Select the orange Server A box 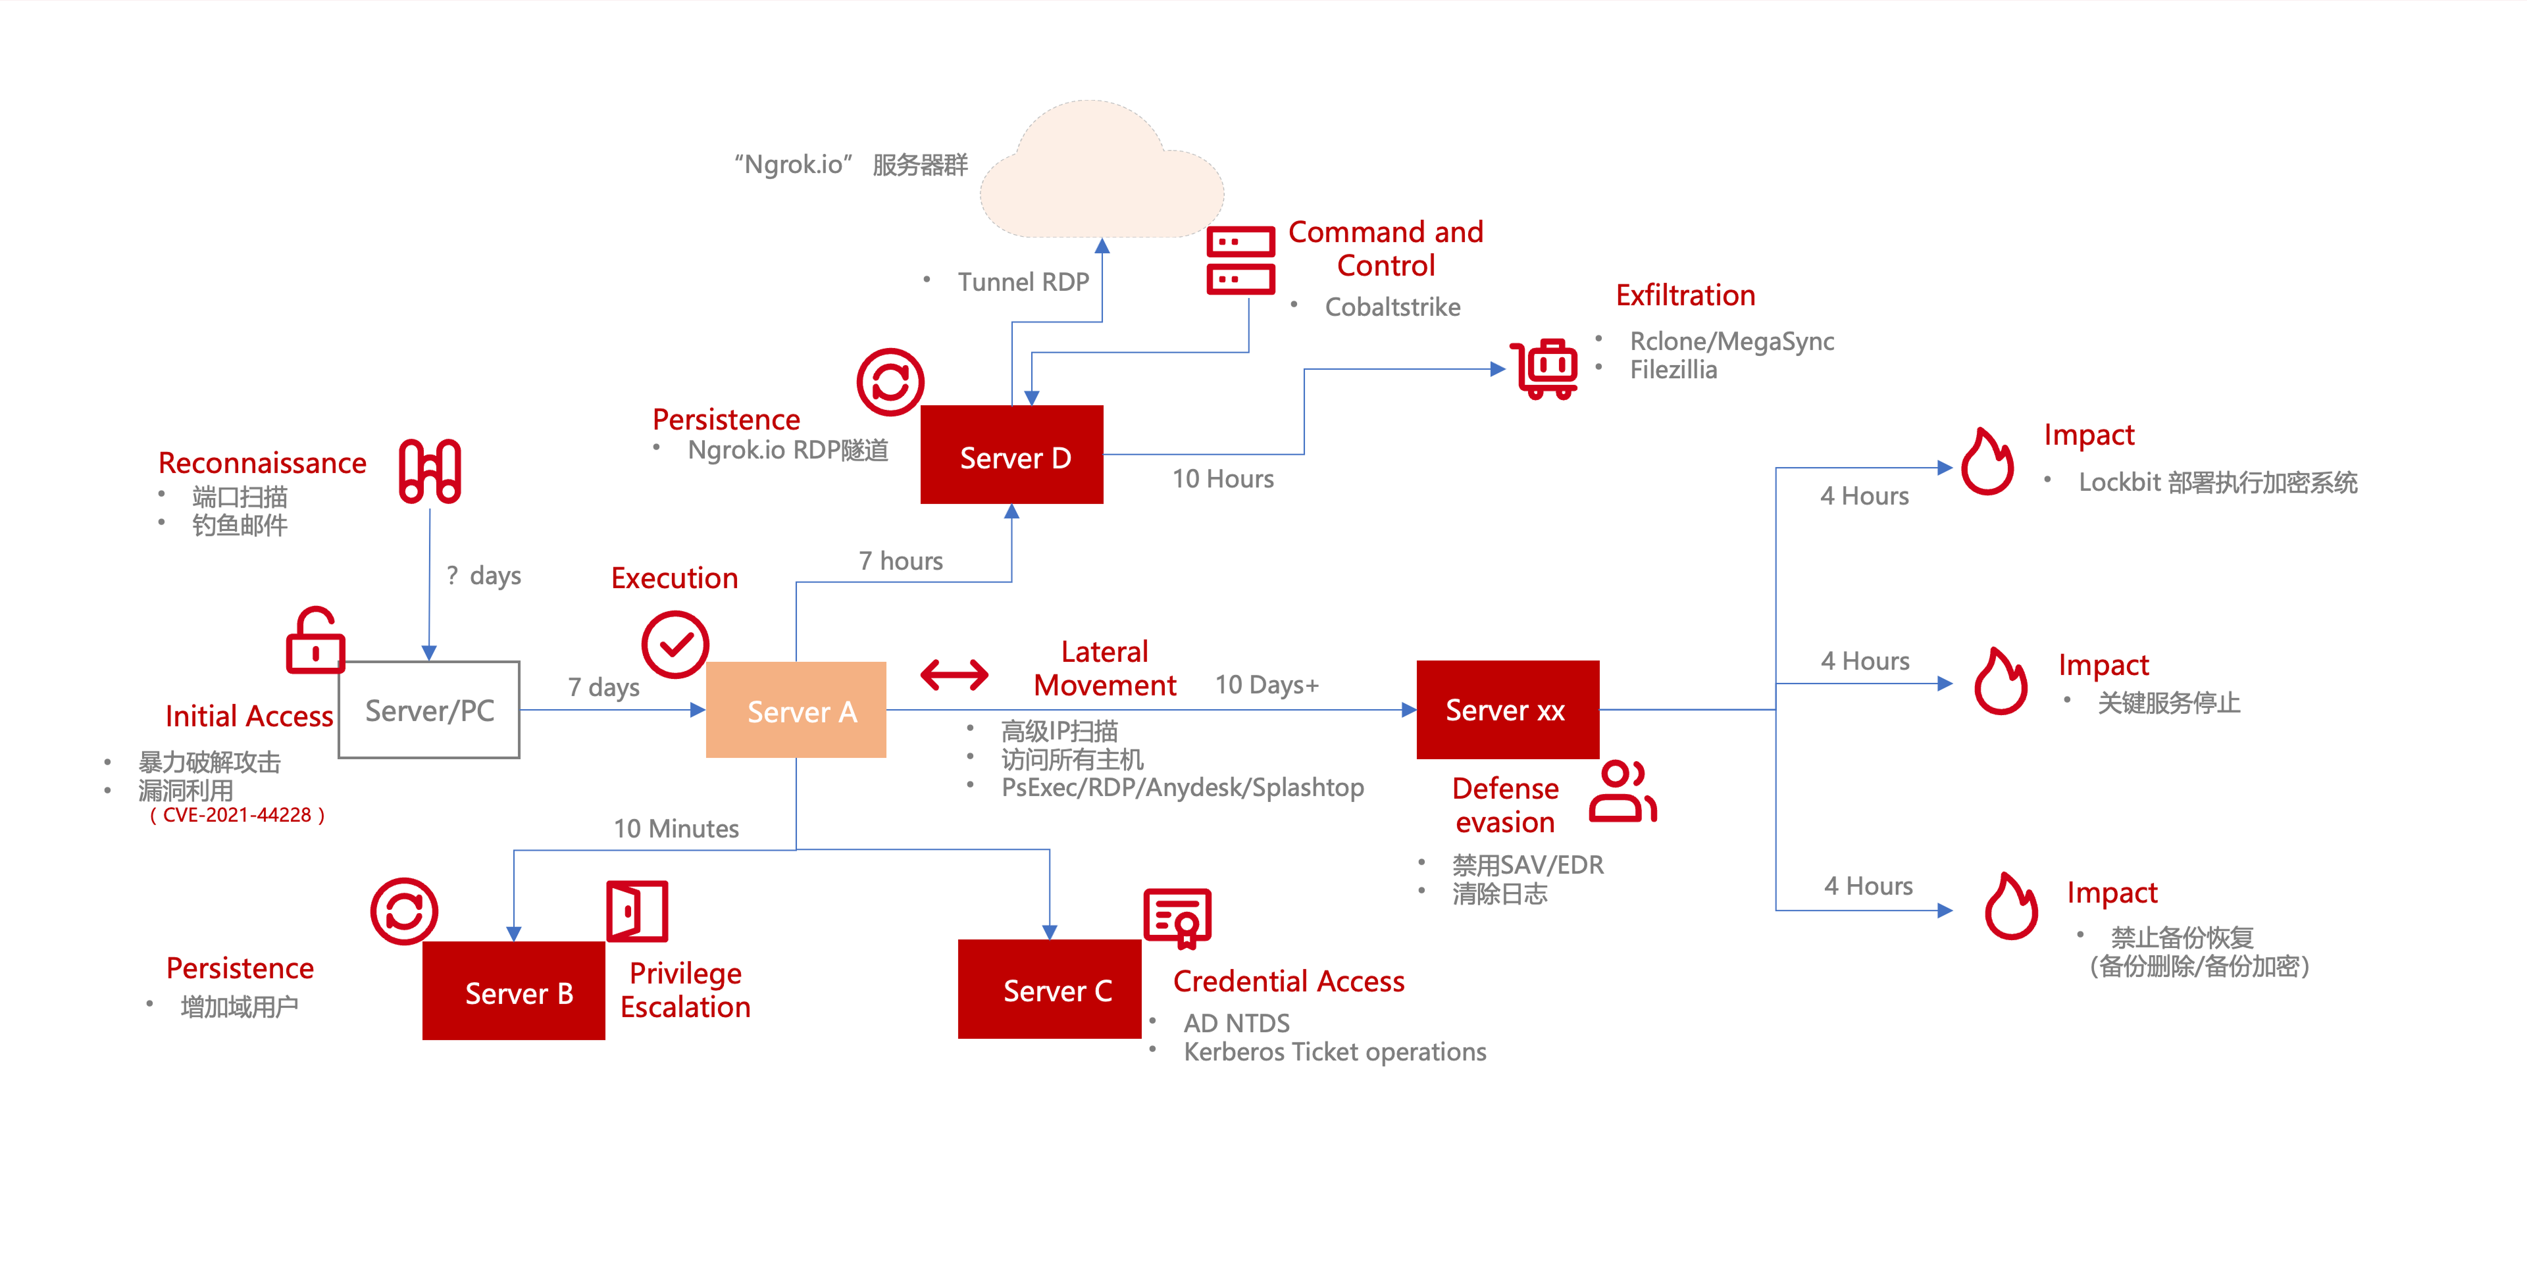pos(796,710)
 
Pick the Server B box pos(513,991)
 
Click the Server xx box pos(1507,709)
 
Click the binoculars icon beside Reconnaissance pos(430,472)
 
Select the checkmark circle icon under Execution pos(675,644)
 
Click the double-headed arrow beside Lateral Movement pos(954,674)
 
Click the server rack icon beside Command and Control pos(1240,260)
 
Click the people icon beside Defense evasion pos(1623,791)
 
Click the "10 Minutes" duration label pos(676,829)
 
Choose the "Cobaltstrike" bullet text pos(1392,307)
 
